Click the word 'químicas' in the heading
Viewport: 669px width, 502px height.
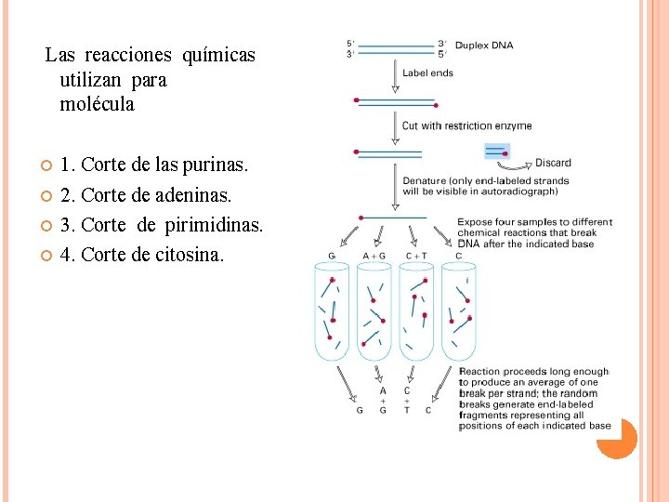click(218, 56)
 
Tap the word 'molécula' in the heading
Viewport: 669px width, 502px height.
click(97, 105)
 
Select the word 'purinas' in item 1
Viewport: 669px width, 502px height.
click(215, 165)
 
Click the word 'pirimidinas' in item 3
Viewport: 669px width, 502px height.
click(213, 225)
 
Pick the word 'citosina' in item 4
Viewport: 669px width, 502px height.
click(191, 255)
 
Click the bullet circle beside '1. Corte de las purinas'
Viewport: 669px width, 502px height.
click(46, 165)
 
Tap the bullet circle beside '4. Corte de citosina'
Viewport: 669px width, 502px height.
click(46, 255)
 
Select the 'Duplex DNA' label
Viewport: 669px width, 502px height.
click(484, 45)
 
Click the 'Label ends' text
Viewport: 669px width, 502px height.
click(427, 73)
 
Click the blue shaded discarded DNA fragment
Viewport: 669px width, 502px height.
click(496, 152)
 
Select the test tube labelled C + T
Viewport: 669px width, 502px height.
click(416, 311)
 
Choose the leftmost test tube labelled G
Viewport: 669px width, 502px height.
click(332, 311)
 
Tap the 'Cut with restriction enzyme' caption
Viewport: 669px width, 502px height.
click(466, 125)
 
